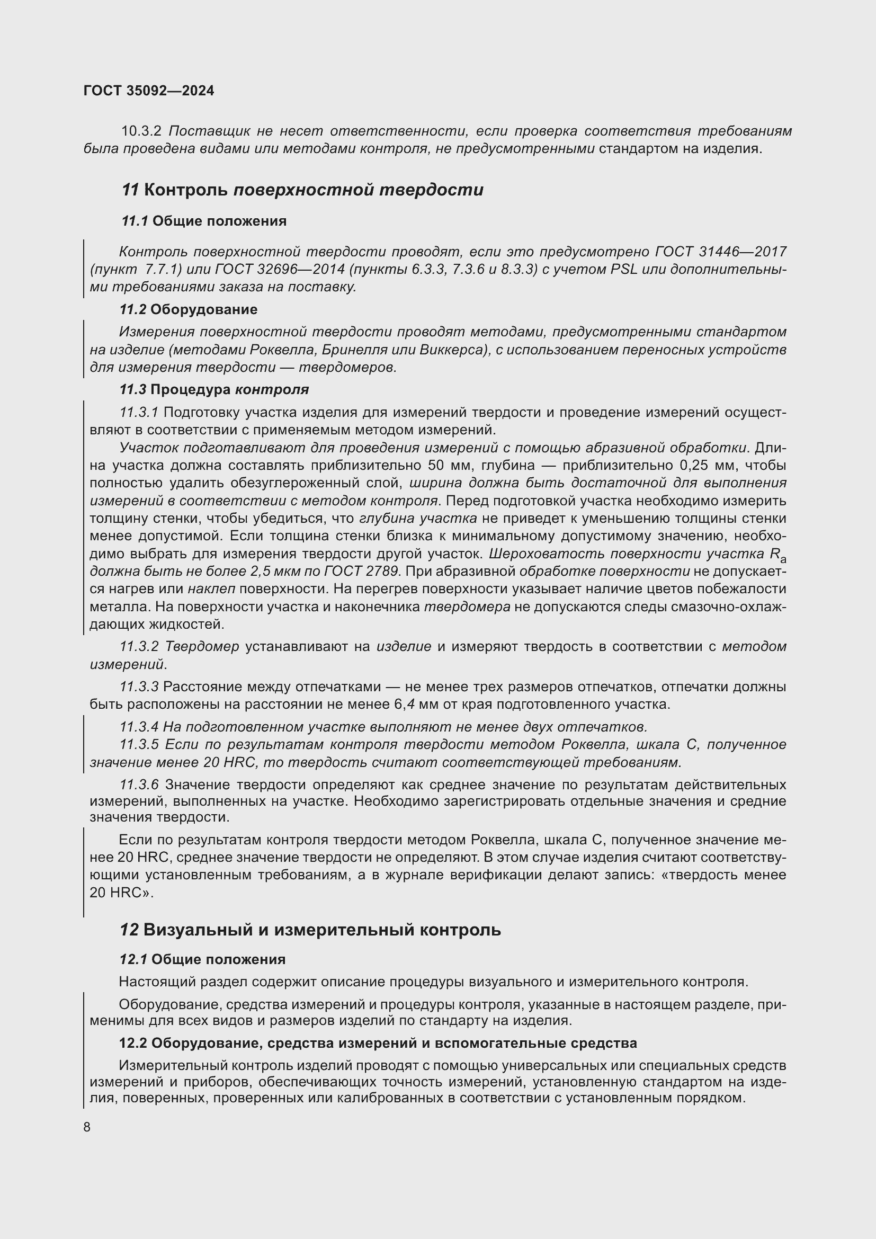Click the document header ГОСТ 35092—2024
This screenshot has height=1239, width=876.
149,91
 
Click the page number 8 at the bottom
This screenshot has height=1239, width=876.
87,1127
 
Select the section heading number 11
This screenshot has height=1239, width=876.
130,190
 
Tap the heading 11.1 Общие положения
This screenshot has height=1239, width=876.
203,221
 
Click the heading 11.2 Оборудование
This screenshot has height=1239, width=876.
188,310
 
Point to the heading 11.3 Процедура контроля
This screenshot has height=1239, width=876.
214,390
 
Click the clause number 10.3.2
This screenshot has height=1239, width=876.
141,131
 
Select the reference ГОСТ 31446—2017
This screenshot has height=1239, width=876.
720,252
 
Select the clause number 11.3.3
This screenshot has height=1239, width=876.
139,687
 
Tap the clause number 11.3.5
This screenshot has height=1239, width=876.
139,745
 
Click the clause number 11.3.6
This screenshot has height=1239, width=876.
139,785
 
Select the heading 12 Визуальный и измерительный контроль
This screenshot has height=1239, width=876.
310,930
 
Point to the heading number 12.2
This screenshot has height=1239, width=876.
133,1043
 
